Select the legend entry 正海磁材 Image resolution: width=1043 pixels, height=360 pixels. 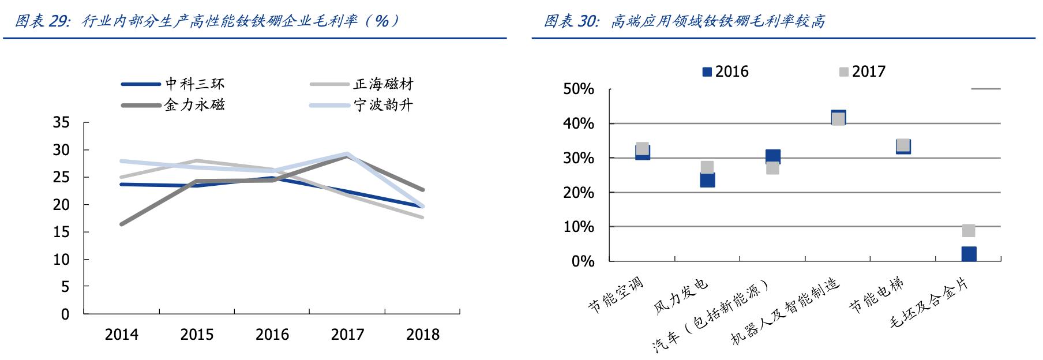[x=383, y=84]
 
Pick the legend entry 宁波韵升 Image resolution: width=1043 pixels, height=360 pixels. [x=383, y=105]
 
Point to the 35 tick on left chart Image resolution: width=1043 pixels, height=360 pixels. [x=61, y=123]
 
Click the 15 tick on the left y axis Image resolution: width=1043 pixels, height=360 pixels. [x=61, y=232]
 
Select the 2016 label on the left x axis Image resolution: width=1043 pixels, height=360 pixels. [x=272, y=335]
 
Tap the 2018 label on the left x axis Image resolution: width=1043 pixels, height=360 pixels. [x=423, y=335]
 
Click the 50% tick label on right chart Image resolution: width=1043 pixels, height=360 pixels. [x=579, y=89]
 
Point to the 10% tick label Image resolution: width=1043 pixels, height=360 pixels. [x=579, y=227]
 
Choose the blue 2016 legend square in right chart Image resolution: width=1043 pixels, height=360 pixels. [x=707, y=72]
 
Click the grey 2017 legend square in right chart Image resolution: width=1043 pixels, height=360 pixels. [x=843, y=72]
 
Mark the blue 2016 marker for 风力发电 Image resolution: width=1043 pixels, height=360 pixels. [x=707, y=180]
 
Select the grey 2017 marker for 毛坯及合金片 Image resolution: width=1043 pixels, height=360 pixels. [x=969, y=231]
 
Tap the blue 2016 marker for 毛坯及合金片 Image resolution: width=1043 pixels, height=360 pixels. [x=969, y=254]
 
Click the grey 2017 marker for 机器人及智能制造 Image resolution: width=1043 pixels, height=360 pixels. [x=838, y=119]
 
